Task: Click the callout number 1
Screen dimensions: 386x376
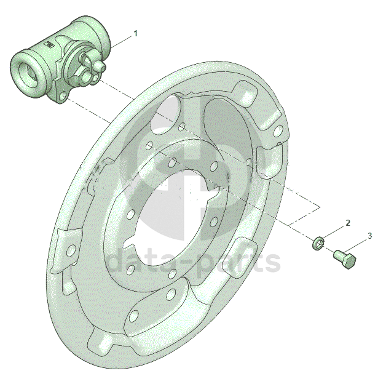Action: point(135,33)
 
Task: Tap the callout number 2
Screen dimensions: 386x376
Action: point(348,223)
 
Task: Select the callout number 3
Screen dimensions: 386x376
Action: point(370,236)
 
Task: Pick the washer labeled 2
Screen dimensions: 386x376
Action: point(318,242)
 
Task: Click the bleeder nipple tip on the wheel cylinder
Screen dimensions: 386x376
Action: point(101,66)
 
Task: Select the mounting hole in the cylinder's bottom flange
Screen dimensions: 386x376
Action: point(62,95)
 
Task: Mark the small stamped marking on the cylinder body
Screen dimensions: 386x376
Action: point(49,44)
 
